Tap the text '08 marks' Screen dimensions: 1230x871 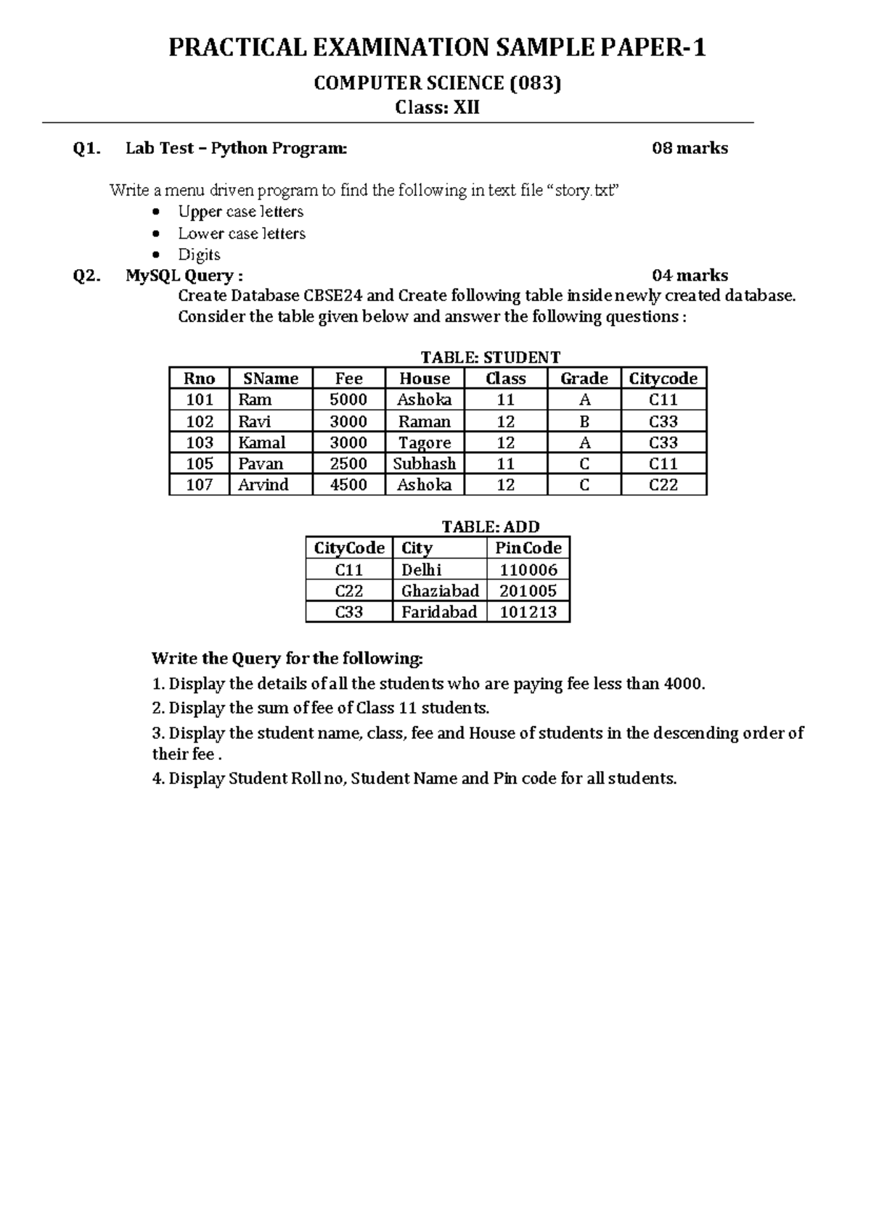tap(690, 149)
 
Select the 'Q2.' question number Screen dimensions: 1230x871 tap(87, 276)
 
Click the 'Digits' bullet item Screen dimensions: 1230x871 tap(199, 255)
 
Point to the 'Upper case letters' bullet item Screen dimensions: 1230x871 tap(240, 212)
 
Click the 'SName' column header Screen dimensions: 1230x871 tap(271, 379)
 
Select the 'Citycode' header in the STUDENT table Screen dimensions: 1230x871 tap(663, 379)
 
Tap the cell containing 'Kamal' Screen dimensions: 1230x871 tap(262, 442)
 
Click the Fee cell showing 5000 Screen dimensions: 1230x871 tap(348, 400)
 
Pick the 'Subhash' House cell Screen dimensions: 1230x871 tap(425, 463)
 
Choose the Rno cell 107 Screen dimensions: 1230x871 tap(200, 484)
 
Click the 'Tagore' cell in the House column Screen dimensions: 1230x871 tap(425, 442)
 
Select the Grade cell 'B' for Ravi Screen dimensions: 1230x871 tap(584, 421)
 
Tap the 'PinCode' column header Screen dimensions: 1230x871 tap(528, 548)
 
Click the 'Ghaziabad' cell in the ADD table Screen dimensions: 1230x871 tap(440, 590)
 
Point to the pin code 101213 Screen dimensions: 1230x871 tap(528, 611)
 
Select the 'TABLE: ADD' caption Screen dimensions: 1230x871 tap(491, 527)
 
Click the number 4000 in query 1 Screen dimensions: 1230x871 tap(683, 683)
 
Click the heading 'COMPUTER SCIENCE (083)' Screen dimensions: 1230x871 tap(437, 83)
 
